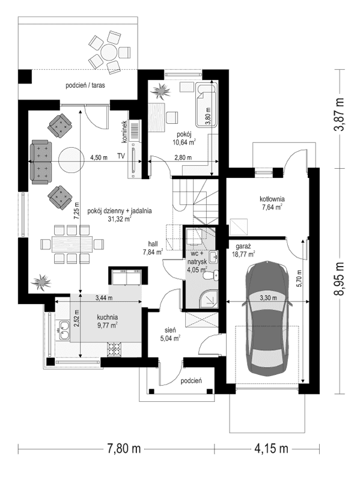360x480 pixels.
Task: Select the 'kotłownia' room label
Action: [272, 199]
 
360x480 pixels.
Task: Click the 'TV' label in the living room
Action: [121, 157]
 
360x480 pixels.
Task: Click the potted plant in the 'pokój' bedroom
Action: [161, 92]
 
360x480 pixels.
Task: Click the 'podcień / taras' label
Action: [85, 86]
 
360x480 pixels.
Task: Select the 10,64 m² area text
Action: [184, 142]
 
